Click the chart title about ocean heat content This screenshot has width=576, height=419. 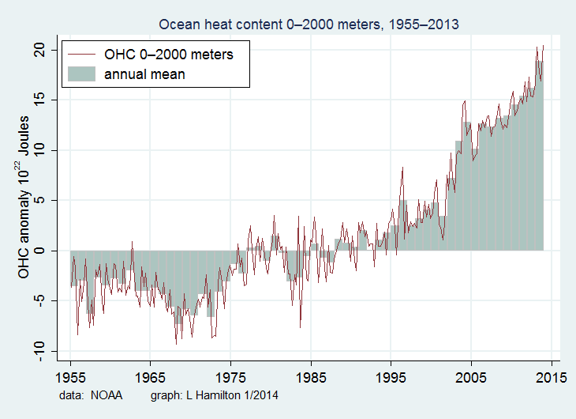click(309, 25)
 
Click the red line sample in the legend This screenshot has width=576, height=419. click(82, 55)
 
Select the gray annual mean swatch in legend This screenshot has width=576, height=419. click(82, 74)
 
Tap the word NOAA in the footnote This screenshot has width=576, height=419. click(107, 394)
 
